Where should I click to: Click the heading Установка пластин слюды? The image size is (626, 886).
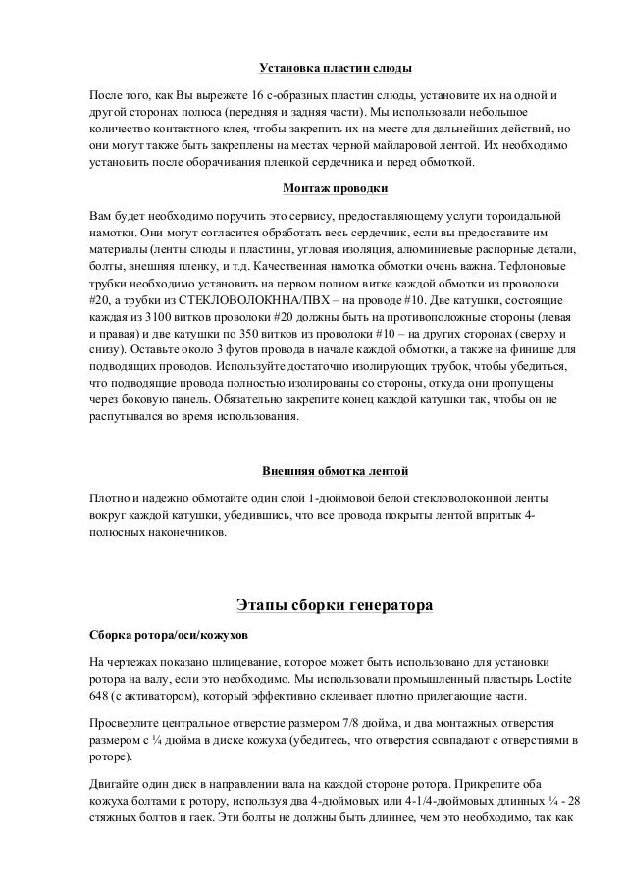point(334,70)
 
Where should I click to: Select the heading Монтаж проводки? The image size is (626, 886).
point(334,186)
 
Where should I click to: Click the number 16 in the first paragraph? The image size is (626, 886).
point(259,96)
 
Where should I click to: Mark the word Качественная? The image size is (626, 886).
point(295,266)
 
